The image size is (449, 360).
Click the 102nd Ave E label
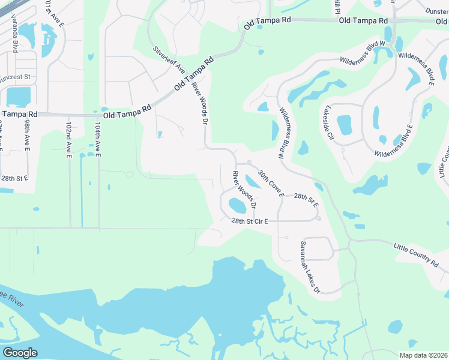[x=68, y=140]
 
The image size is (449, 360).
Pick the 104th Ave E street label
[x=97, y=140]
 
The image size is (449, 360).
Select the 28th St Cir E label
[x=249, y=221]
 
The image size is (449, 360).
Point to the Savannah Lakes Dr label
[x=310, y=267]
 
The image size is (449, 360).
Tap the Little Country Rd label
[x=416, y=254]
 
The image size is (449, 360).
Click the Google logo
[x=20, y=353]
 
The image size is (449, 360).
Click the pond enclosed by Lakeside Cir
[x=344, y=125]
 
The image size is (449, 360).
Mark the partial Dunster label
[x=437, y=11]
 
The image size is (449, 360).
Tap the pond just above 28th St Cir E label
[x=238, y=206]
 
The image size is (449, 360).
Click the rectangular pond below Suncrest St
[x=18, y=96]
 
